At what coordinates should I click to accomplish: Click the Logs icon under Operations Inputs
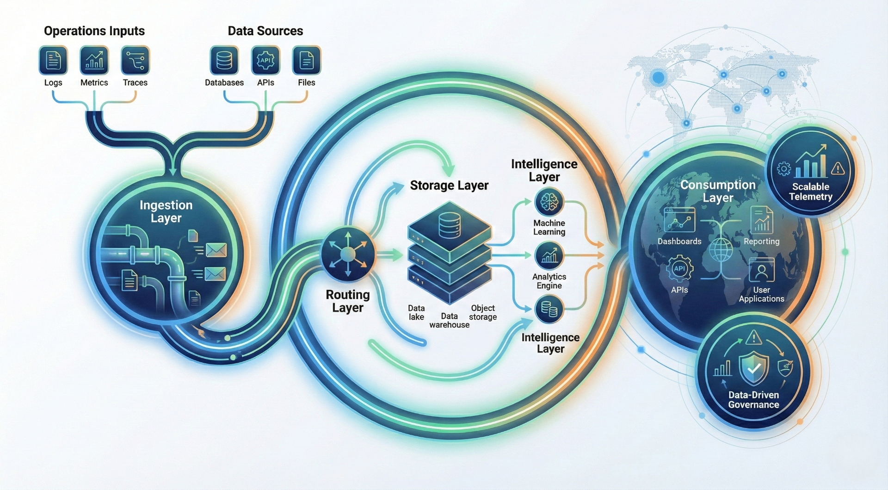click(x=53, y=60)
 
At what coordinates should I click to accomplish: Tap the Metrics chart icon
click(x=94, y=60)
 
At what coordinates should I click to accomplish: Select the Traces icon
click(x=135, y=60)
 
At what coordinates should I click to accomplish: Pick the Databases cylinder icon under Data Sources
click(x=224, y=60)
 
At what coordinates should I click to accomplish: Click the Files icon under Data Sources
click(x=306, y=60)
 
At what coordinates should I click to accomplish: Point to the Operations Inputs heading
click(x=94, y=31)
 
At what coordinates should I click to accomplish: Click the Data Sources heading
click(x=265, y=31)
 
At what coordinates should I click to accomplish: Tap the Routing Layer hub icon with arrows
click(x=348, y=254)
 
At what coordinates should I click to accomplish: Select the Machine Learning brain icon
click(x=549, y=202)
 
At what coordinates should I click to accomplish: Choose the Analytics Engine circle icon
click(x=549, y=255)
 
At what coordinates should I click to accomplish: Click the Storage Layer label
click(x=449, y=186)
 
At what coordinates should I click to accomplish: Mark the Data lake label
click(x=416, y=312)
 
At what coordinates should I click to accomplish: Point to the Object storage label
click(x=483, y=312)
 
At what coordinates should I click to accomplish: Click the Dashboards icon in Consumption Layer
click(x=679, y=219)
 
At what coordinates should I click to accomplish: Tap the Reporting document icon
click(x=761, y=220)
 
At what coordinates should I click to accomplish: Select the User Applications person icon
click(x=761, y=270)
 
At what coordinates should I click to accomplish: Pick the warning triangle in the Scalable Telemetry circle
click(x=838, y=169)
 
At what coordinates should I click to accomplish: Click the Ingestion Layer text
click(x=166, y=211)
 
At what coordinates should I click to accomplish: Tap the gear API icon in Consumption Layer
click(x=679, y=269)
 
